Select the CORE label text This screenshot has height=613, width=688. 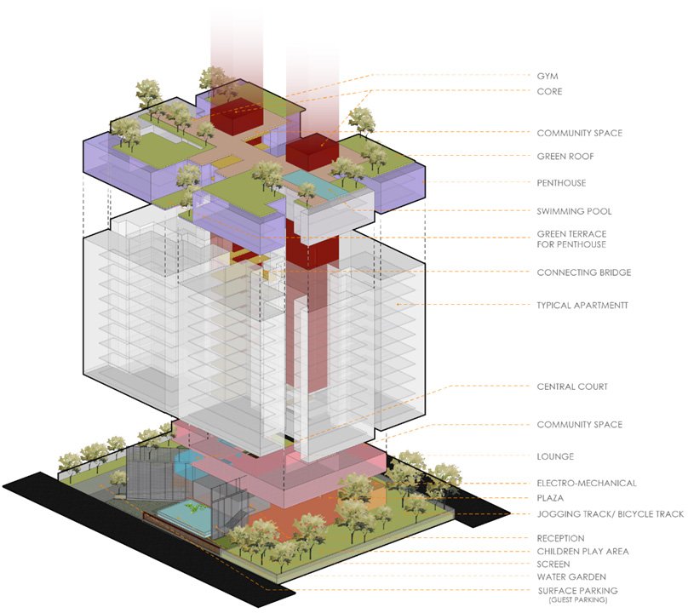click(x=549, y=91)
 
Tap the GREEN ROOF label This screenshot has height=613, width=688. click(x=565, y=157)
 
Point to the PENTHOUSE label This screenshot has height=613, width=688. click(x=561, y=183)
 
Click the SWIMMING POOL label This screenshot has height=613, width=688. click(x=574, y=211)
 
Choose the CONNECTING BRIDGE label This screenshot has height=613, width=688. click(x=583, y=272)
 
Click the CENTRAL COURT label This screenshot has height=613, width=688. click(x=572, y=387)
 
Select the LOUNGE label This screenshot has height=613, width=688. click(x=555, y=456)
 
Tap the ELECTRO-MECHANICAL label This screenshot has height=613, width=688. click(x=586, y=484)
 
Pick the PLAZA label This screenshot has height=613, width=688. click(x=551, y=498)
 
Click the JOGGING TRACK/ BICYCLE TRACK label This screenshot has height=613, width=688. click(x=610, y=514)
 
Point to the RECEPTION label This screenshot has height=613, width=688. click(x=560, y=538)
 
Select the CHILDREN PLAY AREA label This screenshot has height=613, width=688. click(x=582, y=552)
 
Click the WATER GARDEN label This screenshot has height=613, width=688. click(x=571, y=577)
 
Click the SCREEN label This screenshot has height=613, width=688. click(x=554, y=564)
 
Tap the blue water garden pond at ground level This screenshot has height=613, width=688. click(x=182, y=512)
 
